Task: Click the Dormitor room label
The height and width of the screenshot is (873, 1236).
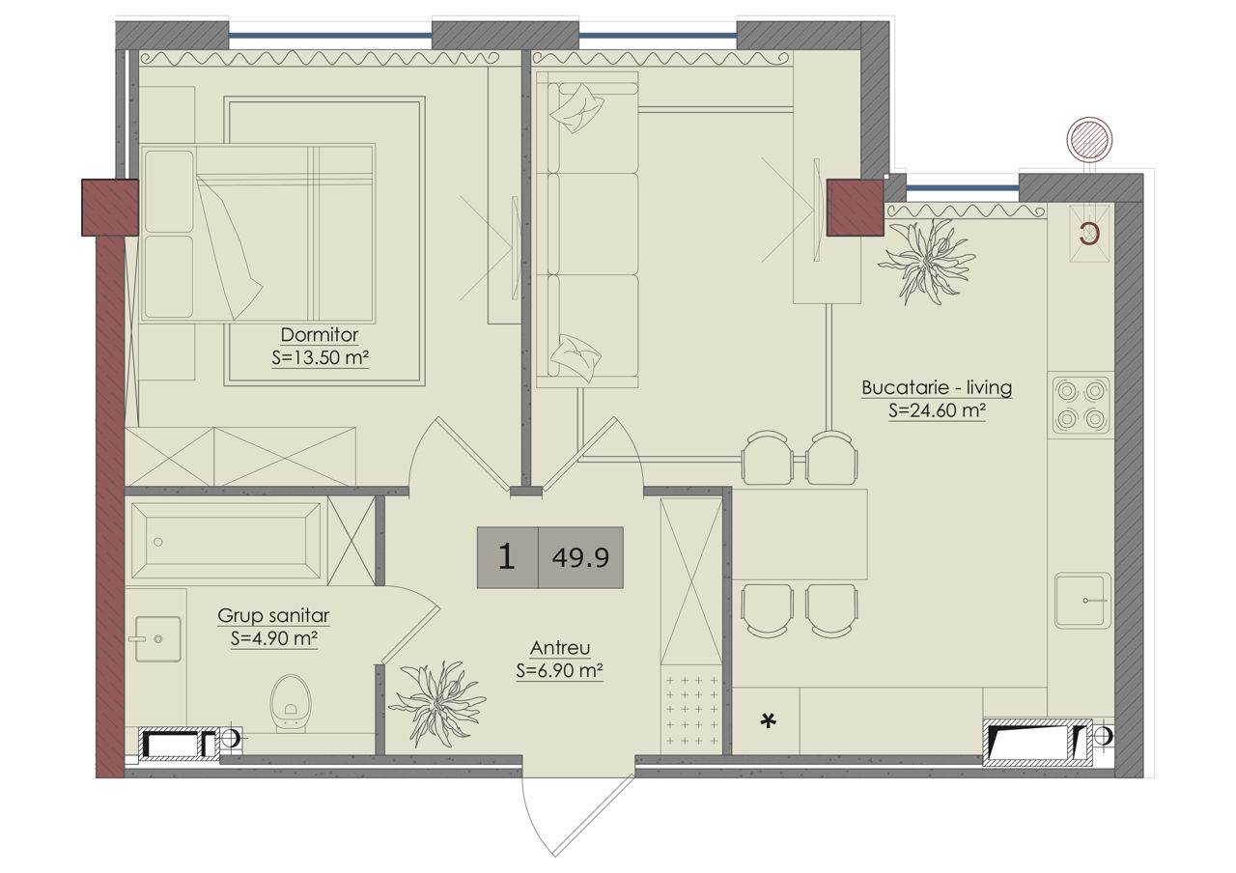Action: [320, 334]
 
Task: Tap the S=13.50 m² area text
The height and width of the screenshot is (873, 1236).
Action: [320, 357]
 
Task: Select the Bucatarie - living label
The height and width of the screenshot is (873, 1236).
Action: [937, 387]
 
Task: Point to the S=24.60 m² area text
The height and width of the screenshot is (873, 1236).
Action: [937, 410]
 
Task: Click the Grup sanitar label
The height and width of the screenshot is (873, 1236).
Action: [273, 615]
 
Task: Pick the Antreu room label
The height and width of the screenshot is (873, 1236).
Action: [560, 648]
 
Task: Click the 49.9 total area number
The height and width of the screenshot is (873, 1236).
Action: [580, 558]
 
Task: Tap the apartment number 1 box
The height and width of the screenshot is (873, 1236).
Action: [507, 557]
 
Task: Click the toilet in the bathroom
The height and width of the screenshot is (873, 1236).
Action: [291, 703]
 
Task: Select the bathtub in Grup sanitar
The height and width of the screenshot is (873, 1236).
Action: [226, 541]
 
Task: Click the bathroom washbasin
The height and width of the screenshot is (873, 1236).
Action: [157, 639]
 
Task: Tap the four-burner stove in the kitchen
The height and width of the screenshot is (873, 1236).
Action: [1081, 405]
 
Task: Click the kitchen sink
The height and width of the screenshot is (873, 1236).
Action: [1082, 601]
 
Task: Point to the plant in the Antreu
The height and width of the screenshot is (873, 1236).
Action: [437, 702]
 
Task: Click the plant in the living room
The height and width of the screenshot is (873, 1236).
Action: [926, 261]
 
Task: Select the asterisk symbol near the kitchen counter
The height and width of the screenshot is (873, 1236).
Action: [768, 720]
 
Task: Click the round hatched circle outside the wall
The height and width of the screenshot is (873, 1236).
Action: [1089, 140]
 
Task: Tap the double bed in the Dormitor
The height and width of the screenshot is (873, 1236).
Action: [258, 234]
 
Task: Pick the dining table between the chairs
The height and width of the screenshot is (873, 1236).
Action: [800, 534]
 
